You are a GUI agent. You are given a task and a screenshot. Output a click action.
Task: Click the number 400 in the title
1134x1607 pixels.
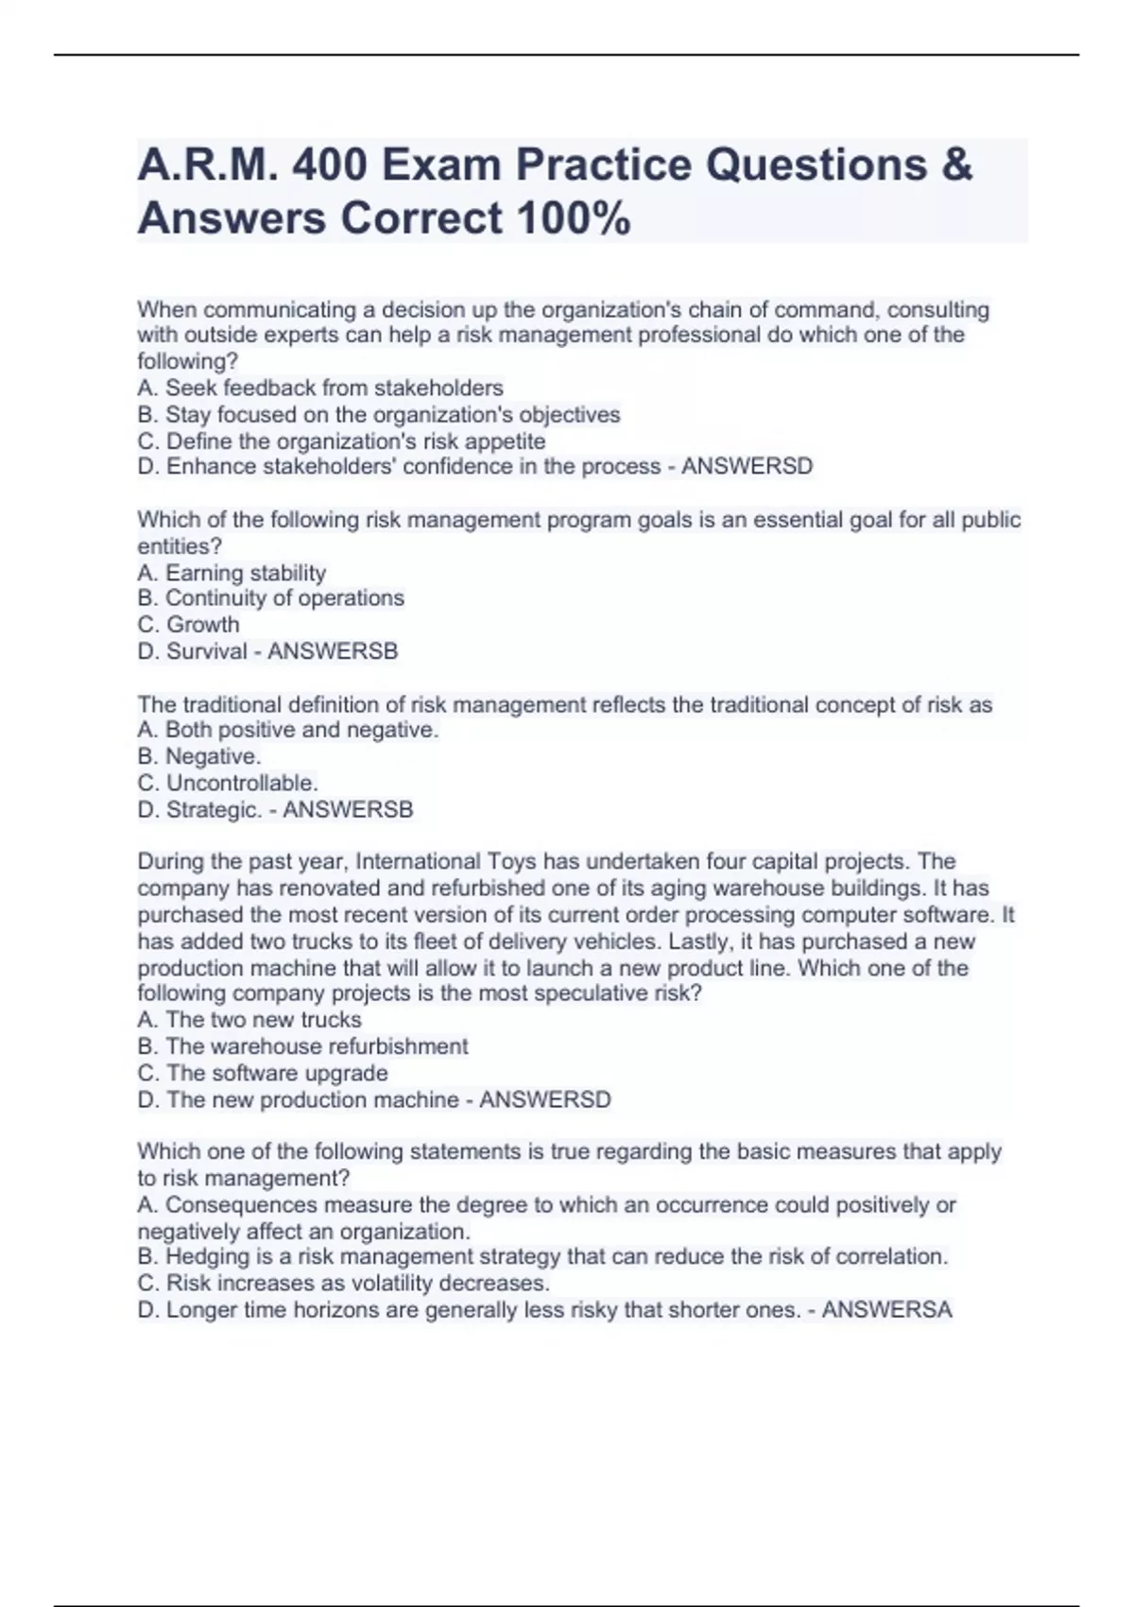click(x=330, y=165)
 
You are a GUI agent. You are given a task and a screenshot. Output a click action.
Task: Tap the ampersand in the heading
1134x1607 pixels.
click(x=956, y=165)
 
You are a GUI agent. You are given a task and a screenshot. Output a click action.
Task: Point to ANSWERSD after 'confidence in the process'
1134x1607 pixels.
click(x=747, y=467)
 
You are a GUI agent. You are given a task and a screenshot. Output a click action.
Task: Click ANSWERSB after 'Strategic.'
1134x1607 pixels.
click(x=348, y=810)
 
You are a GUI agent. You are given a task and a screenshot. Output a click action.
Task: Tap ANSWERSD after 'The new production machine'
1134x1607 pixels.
click(x=545, y=1100)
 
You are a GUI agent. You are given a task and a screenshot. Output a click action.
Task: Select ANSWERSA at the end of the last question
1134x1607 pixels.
click(x=886, y=1310)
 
